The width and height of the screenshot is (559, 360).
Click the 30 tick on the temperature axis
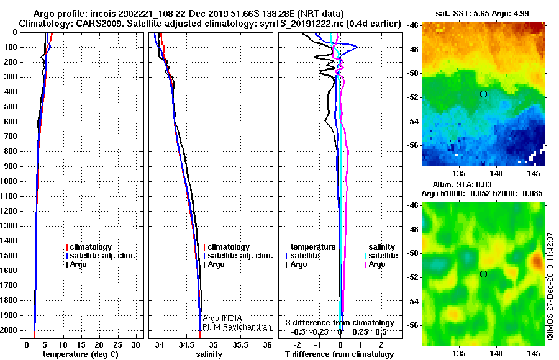click(135, 345)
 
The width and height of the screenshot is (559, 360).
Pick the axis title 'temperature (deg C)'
click(81, 354)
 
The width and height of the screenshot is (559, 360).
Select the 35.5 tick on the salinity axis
click(240, 345)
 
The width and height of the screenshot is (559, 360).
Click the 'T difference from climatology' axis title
click(339, 354)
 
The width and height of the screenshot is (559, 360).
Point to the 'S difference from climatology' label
click(340, 323)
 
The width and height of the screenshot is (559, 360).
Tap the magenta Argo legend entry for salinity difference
click(376, 264)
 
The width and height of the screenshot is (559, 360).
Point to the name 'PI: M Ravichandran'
click(237, 327)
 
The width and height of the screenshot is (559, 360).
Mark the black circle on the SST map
click(483, 94)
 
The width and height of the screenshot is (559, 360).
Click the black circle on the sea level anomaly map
click(483, 274)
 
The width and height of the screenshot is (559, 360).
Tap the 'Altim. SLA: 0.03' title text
click(461, 184)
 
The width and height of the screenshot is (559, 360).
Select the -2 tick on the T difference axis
click(297, 345)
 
